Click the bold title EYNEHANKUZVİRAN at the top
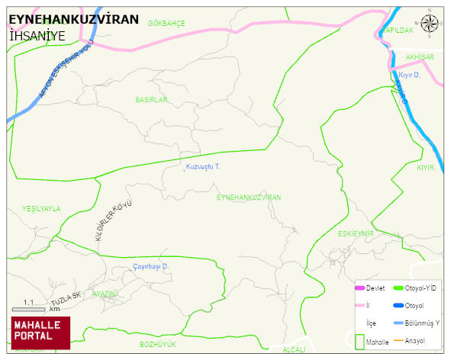pyautogui.click(x=73, y=20)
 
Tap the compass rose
pyautogui.click(x=431, y=25)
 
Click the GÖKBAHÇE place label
pyautogui.click(x=166, y=24)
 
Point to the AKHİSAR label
pyautogui.click(x=420, y=57)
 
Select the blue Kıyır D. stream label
pyautogui.click(x=410, y=75)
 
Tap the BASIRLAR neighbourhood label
pyautogui.click(x=150, y=100)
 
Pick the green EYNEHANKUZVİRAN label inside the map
pyautogui.click(x=249, y=197)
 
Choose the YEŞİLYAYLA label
pyautogui.click(x=41, y=208)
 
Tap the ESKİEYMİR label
pyautogui.click(x=356, y=233)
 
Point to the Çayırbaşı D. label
pyautogui.click(x=150, y=266)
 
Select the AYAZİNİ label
pyautogui.click(x=105, y=294)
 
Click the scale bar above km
pyautogui.click(x=28, y=309)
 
